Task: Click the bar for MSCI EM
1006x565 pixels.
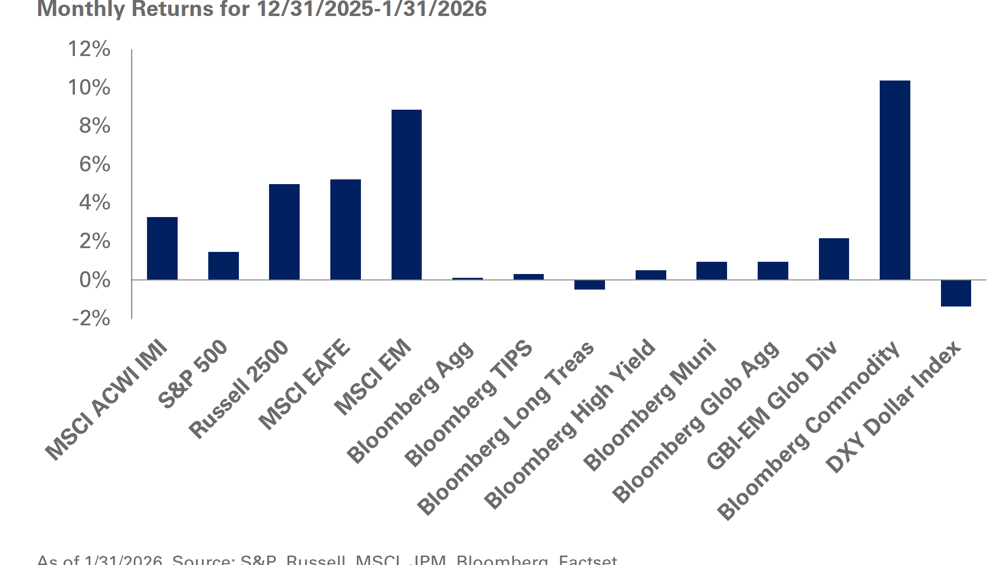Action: coord(406,195)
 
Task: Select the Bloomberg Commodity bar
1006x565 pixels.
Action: coord(894,180)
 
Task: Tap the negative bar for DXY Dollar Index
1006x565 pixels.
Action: coord(956,293)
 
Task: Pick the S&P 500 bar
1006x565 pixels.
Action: coord(223,266)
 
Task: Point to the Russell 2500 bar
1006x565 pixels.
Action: coord(284,232)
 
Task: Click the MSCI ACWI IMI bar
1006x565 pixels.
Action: coord(162,249)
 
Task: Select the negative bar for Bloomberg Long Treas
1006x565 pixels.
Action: coord(589,285)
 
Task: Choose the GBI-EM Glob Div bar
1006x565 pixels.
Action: coord(834,259)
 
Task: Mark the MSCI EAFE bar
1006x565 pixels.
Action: coord(345,230)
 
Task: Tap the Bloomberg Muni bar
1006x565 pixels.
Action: coord(712,271)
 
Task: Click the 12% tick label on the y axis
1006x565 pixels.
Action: coord(89,49)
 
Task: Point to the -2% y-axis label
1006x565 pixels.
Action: coord(91,318)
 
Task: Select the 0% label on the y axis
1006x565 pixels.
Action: coord(95,280)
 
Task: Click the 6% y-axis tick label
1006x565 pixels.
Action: coord(95,165)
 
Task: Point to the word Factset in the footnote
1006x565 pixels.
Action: coord(588,560)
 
